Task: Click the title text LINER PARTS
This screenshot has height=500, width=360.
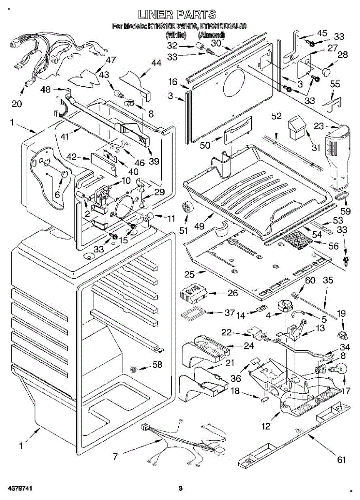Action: [x=178, y=15]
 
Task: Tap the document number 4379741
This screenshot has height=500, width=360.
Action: [x=19, y=488]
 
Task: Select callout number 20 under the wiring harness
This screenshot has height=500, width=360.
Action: [x=17, y=104]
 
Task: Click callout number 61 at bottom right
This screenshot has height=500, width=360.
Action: [x=342, y=460]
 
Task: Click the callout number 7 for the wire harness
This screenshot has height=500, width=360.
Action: [x=115, y=457]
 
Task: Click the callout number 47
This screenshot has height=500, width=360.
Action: [x=110, y=60]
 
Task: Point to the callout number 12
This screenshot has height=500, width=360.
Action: [x=266, y=426]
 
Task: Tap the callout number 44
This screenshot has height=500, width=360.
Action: [x=156, y=63]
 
